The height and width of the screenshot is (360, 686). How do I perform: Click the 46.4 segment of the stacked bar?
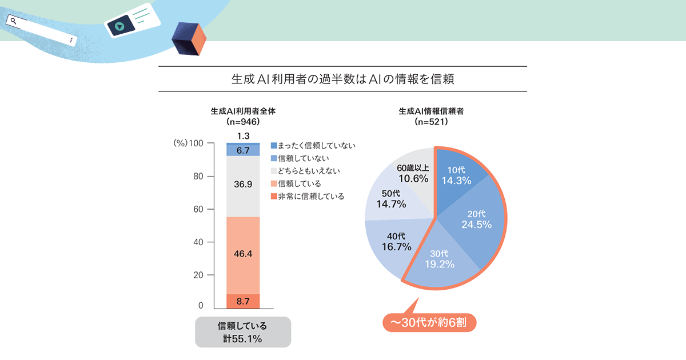[243, 254]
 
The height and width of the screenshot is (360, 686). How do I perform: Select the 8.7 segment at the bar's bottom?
[243, 300]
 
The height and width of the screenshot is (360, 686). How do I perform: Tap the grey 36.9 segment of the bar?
[243, 185]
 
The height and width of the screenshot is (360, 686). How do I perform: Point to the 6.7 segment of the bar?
[243, 150]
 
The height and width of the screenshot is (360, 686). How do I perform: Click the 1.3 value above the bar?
[243, 136]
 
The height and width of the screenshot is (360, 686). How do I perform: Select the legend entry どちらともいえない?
[309, 171]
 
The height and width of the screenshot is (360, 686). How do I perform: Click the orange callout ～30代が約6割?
[429, 322]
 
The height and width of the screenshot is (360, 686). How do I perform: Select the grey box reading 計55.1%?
[243, 333]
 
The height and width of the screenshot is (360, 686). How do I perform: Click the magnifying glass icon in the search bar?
[13, 21]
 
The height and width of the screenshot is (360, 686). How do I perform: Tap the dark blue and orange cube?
[189, 41]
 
